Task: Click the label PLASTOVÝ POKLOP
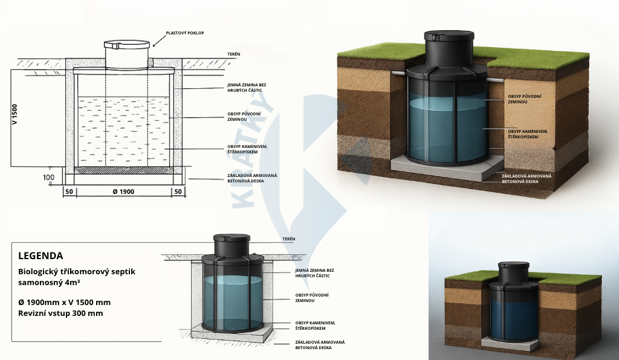coord(184,33)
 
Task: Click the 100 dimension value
coord(50,177)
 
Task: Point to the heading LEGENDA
coord(41,256)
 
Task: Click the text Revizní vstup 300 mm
coord(60,313)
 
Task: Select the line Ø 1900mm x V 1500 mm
coord(64,301)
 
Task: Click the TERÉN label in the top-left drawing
coord(234,54)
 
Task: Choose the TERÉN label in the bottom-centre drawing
coord(289,239)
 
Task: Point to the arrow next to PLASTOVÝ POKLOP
coord(159,40)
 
